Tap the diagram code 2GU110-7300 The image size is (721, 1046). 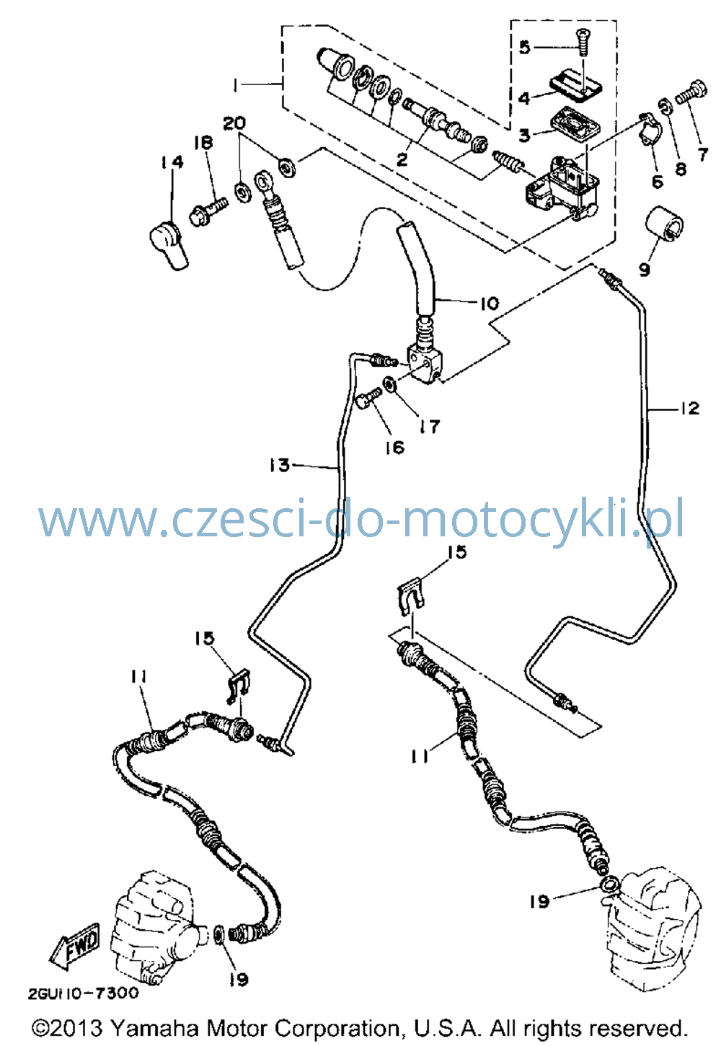pyautogui.click(x=84, y=993)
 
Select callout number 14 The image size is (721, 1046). pyautogui.click(x=171, y=162)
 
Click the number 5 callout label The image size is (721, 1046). pyautogui.click(x=526, y=47)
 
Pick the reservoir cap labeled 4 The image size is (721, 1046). pyautogui.click(x=575, y=85)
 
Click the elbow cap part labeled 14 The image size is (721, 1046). pyautogui.click(x=169, y=244)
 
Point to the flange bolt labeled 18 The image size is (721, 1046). pyautogui.click(x=209, y=211)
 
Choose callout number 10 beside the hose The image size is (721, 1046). pyautogui.click(x=490, y=303)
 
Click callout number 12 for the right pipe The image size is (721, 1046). pyautogui.click(x=690, y=409)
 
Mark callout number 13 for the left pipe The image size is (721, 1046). pyautogui.click(x=279, y=465)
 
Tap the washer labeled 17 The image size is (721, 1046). pyautogui.click(x=389, y=384)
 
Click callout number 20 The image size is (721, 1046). pyautogui.click(x=234, y=123)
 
